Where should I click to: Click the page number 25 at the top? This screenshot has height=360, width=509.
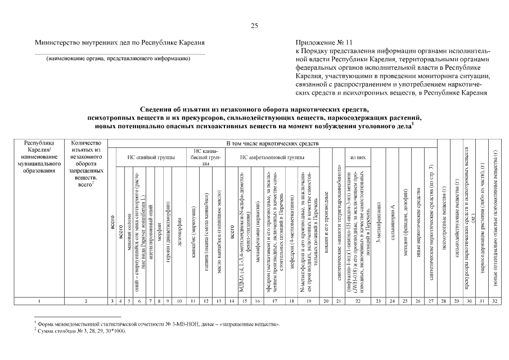pos(254,25)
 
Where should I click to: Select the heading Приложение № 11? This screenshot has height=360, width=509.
pos(324,42)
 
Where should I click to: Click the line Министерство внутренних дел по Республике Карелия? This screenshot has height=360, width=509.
pos(119,42)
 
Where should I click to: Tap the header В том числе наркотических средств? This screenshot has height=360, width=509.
pos(272,144)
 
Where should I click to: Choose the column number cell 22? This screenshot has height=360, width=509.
pos(358,301)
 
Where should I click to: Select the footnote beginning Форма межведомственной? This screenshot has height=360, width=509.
pos(157,325)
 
